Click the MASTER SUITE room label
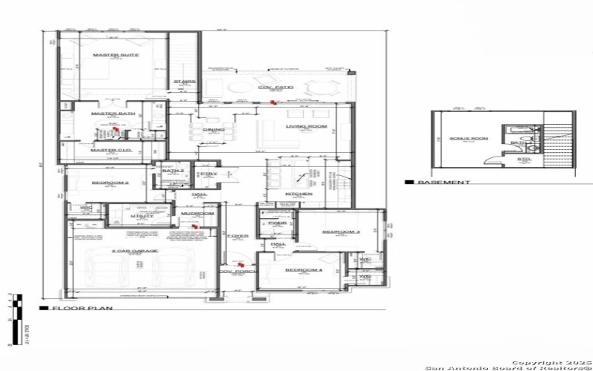(111, 55)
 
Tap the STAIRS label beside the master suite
(184, 82)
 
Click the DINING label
(213, 129)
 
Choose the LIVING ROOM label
(306, 126)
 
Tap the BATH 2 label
(172, 171)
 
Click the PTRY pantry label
(208, 174)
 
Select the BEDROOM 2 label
(110, 183)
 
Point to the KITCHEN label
(299, 194)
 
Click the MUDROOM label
(198, 214)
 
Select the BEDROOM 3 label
(341, 232)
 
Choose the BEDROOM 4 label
(304, 269)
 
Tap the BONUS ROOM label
(466, 137)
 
